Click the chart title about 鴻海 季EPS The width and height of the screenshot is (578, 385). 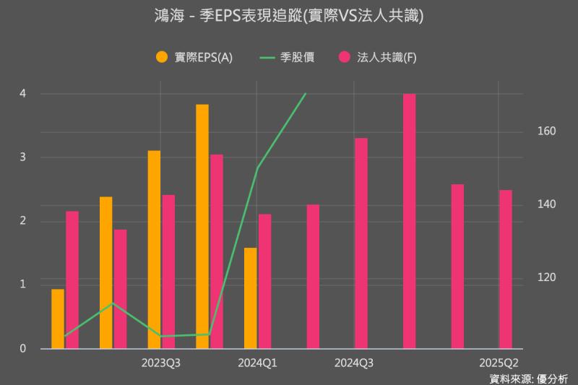coord(289,16)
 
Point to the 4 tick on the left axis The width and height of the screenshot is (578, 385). coord(22,93)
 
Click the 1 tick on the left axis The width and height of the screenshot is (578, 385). coord(22,285)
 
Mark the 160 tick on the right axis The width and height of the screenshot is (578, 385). coord(545,131)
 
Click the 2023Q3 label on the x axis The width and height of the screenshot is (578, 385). coord(160,362)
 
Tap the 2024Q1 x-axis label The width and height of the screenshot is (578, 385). coord(257,362)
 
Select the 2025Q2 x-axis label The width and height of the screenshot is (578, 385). coord(499,362)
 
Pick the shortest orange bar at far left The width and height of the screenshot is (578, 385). coord(58,319)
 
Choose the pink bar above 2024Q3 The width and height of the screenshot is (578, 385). coord(361,243)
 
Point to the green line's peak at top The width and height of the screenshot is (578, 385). coord(306,94)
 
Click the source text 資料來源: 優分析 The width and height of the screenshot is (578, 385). coord(528,378)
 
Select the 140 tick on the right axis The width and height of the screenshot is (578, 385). coord(545,204)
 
